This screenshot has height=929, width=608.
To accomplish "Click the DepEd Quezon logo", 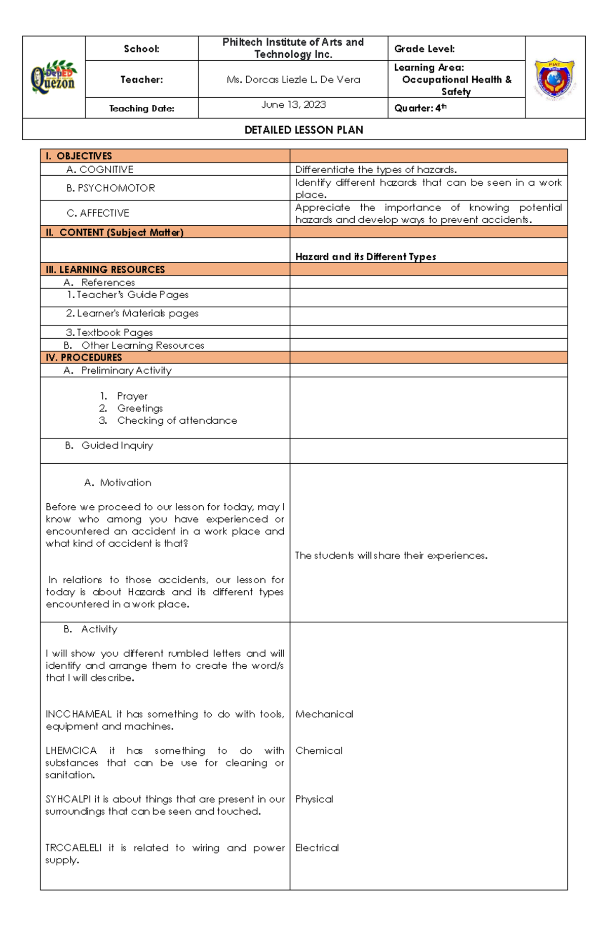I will coord(54,77).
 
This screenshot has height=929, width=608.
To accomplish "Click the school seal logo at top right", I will coord(555,77).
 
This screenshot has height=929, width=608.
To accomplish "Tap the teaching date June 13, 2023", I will coord(293,105).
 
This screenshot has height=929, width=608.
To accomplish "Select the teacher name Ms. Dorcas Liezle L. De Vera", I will coord(293,79).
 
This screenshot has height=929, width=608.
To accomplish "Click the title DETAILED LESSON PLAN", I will coord(303,130).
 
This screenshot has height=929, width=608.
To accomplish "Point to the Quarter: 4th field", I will coord(420,108).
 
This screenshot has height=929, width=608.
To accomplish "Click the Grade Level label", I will coord(424,49).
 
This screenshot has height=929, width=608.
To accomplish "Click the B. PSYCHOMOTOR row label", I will coord(110,188).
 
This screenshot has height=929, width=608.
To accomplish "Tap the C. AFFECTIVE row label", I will coord(98,213).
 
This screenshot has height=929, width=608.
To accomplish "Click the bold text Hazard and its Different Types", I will coord(365,257).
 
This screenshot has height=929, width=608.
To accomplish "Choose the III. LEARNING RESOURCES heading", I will coord(105,269).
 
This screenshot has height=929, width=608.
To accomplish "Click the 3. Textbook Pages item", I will coord(109,333).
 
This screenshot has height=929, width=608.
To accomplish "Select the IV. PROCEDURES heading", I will coord(84,357).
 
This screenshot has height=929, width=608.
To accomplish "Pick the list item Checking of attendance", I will coord(177,421).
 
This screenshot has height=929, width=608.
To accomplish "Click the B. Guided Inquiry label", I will coord(109,446).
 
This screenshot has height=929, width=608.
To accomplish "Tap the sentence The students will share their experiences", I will coord(391,556).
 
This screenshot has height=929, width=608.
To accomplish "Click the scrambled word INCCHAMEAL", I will coord(79,714).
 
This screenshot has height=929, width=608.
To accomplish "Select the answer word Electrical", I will coord(317,848).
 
